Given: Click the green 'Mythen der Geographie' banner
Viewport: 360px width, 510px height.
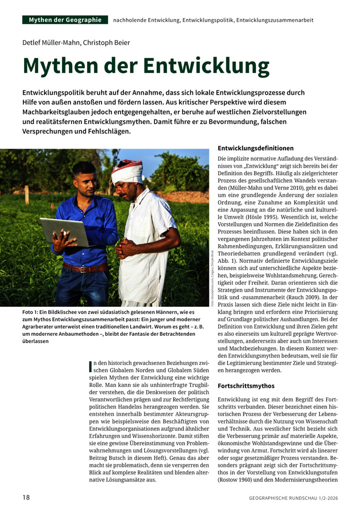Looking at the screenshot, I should (65, 20).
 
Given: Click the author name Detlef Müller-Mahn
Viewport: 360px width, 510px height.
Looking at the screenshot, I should (50, 43).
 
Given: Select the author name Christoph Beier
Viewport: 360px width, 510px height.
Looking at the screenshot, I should (106, 43).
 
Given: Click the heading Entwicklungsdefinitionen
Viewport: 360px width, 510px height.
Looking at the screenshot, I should (255, 148).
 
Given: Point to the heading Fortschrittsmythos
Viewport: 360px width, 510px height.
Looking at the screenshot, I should (246, 386).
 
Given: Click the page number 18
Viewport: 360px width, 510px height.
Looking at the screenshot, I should (26, 497).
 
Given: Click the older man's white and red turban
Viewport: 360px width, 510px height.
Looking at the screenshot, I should (127, 171).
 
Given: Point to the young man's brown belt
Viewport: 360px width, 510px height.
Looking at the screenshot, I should (85, 268).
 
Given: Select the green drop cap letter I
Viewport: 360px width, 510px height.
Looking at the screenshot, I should (89, 366).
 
